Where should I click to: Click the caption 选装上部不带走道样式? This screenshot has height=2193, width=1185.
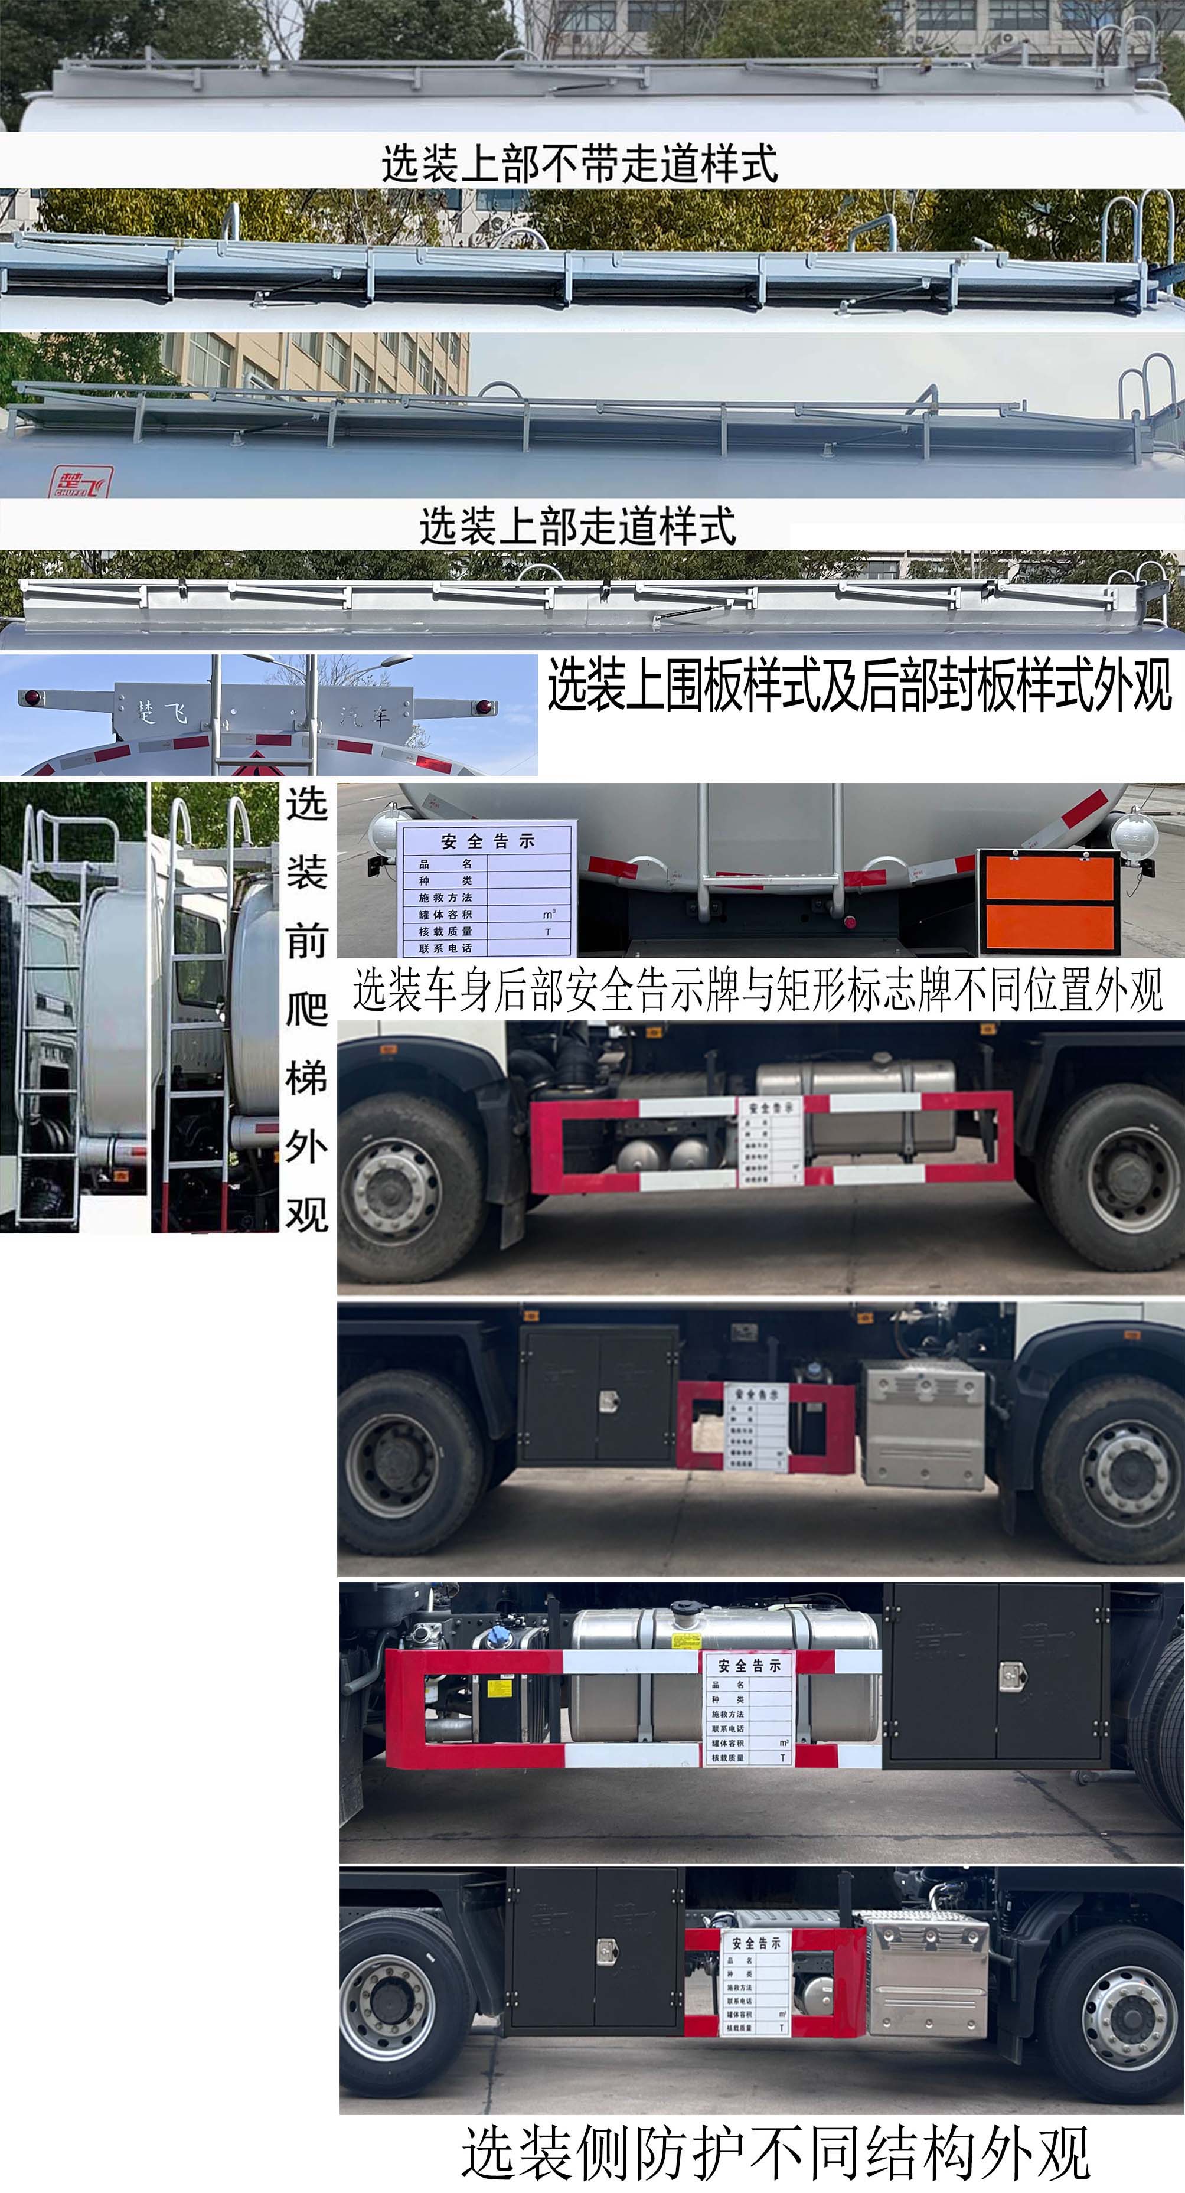(x=579, y=164)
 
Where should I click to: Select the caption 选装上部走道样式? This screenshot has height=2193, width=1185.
(x=577, y=526)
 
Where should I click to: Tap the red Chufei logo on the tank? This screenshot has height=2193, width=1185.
(x=79, y=482)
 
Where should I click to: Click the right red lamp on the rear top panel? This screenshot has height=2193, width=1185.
(x=484, y=707)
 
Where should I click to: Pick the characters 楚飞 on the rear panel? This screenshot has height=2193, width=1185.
(x=162, y=711)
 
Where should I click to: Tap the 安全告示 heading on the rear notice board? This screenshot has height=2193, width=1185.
(x=488, y=841)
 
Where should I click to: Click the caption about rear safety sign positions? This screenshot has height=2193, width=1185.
(x=758, y=990)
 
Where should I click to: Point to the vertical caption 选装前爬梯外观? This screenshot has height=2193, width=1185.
(x=306, y=1009)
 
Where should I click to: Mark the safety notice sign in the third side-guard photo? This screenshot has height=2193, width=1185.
(x=748, y=1713)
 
